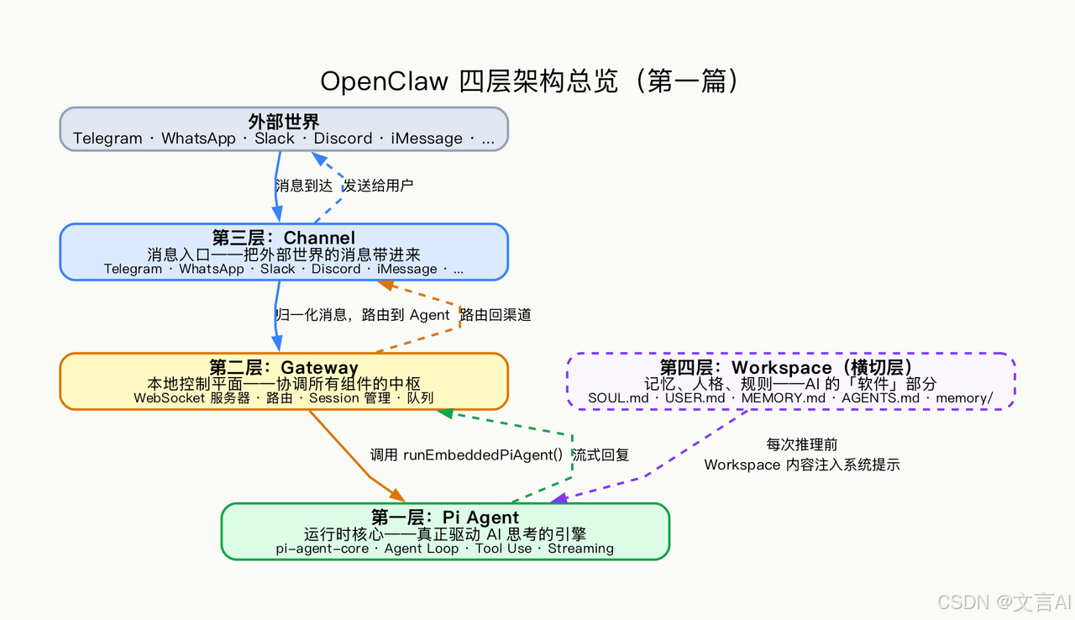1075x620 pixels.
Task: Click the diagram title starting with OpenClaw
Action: pyautogui.click(x=531, y=81)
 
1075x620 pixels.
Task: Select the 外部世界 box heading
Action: pyautogui.click(x=284, y=123)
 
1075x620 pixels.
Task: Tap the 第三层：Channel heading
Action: pyautogui.click(x=284, y=239)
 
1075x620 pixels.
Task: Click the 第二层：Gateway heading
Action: pyautogui.click(x=284, y=368)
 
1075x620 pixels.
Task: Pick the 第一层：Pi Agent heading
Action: pyautogui.click(x=445, y=518)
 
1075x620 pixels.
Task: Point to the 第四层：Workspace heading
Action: pyautogui.click(x=786, y=368)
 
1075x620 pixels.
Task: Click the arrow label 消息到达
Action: pyautogui.click(x=304, y=186)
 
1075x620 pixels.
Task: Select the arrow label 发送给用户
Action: pyautogui.click(x=378, y=186)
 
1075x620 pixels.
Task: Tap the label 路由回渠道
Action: pyautogui.click(x=496, y=315)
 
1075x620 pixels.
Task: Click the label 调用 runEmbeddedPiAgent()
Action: pyautogui.click(x=466, y=455)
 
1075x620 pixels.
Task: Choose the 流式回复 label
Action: pyautogui.click(x=600, y=455)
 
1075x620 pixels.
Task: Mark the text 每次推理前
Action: pyautogui.click(x=801, y=444)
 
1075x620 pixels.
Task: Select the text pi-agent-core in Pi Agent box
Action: pyautogui.click(x=322, y=549)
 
